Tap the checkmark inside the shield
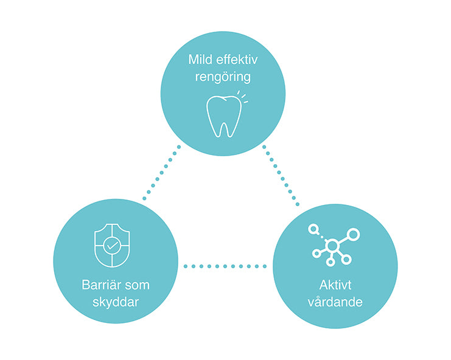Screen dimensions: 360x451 pyautogui.click(x=111, y=246)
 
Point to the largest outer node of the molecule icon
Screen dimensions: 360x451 pyautogui.click(x=354, y=234)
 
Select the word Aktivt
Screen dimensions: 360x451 pyautogui.click(x=335, y=285)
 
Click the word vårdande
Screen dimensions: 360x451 pyautogui.click(x=335, y=301)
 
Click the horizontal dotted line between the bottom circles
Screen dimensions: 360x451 pyautogui.click(x=225, y=266)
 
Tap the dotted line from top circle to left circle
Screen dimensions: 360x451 pyautogui.click(x=161, y=172)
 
